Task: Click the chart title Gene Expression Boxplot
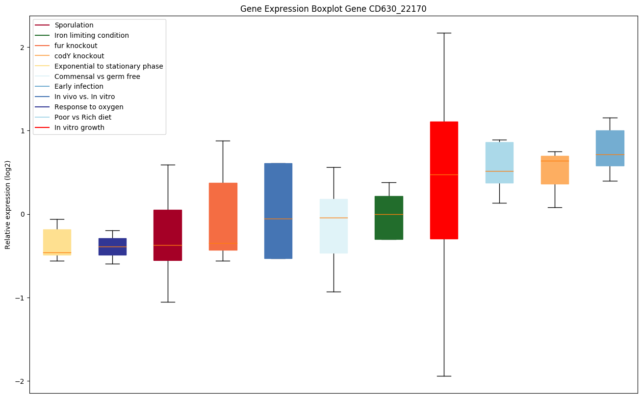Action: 330,9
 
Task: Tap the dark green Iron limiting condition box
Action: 388,218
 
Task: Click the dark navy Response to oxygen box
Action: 112,247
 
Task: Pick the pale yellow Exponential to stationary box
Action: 57,242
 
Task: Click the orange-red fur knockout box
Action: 223,216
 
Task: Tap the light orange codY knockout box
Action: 555,170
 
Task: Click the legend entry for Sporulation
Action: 74,25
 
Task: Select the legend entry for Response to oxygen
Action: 89,107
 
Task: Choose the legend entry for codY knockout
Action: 79,56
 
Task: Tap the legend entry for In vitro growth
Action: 79,127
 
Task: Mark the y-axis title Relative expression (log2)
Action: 8,204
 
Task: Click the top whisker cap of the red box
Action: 444,33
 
